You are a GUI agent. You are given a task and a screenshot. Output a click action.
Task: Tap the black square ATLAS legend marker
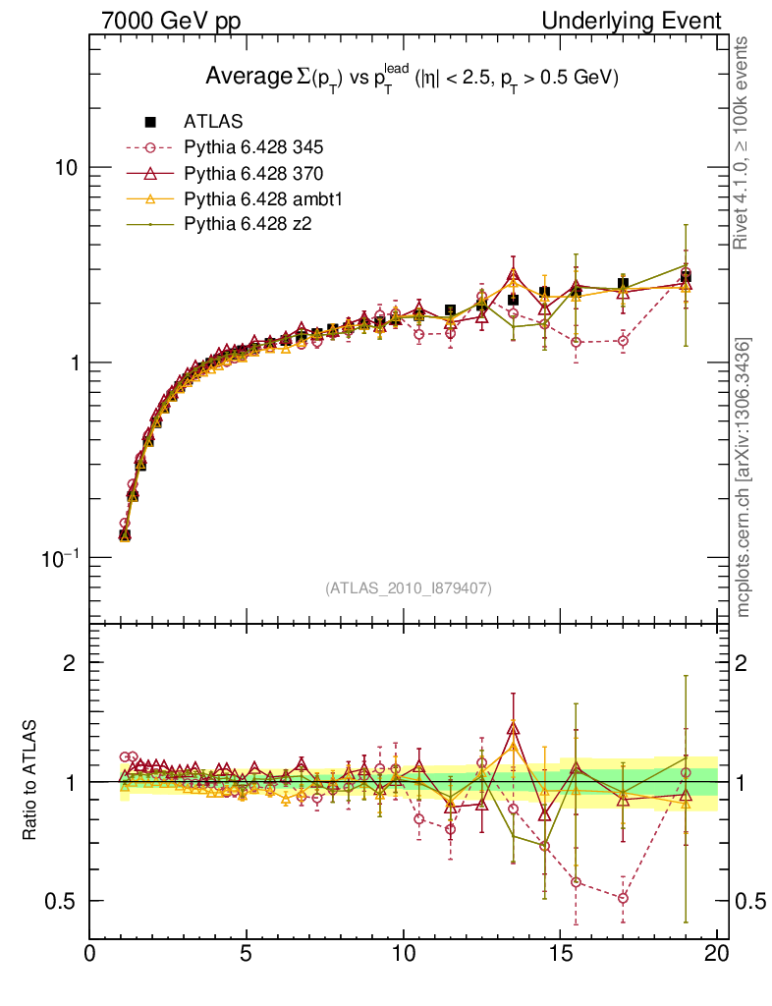pos(150,123)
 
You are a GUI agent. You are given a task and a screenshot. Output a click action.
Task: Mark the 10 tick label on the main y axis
pos(65,167)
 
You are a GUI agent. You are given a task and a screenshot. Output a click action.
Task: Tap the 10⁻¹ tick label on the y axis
pos(62,557)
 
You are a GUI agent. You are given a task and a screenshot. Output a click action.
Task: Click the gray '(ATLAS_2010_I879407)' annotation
pos(409,588)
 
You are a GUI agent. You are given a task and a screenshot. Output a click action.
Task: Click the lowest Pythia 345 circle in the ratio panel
pos(623,898)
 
